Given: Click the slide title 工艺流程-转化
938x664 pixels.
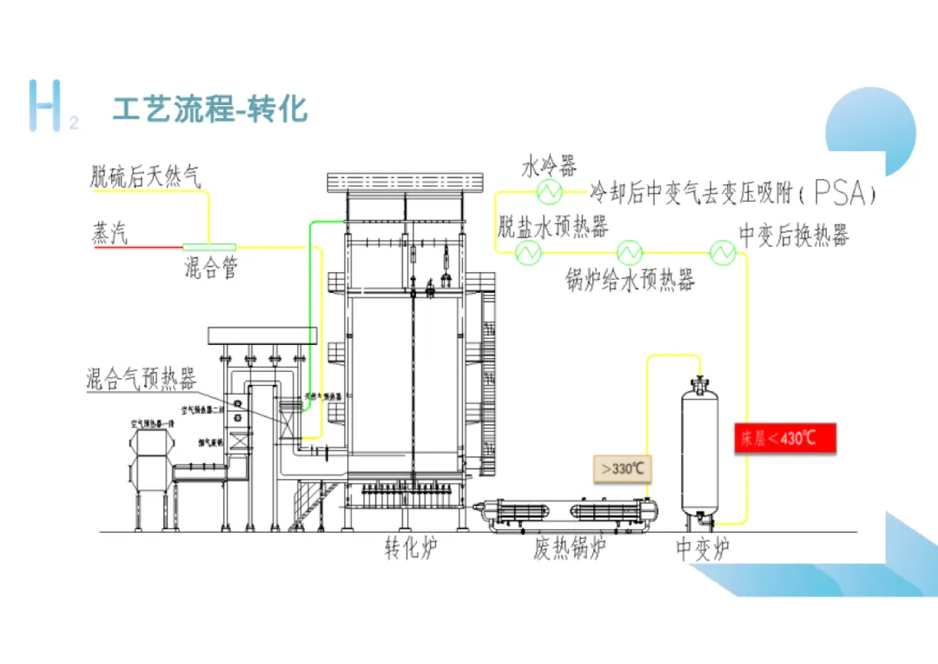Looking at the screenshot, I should click(209, 110).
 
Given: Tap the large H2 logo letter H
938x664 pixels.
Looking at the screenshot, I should click(44, 105).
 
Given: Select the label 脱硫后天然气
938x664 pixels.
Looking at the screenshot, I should click(146, 178).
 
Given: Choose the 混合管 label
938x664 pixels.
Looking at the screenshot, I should click(210, 268).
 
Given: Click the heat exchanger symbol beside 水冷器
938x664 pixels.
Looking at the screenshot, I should click(548, 190).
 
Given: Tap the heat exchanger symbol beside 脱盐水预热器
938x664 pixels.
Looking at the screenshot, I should click(528, 253).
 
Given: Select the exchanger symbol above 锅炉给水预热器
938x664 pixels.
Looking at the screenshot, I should click(629, 253).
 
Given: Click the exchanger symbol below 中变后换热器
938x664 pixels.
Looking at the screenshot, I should click(723, 253).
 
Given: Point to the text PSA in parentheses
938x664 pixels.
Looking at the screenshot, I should click(841, 192).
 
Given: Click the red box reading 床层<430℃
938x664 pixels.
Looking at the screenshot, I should click(785, 438).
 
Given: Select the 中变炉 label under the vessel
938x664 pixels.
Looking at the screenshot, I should click(703, 549).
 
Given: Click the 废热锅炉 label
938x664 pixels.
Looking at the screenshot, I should click(569, 549).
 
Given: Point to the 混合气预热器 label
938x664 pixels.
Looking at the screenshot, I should click(141, 378).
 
